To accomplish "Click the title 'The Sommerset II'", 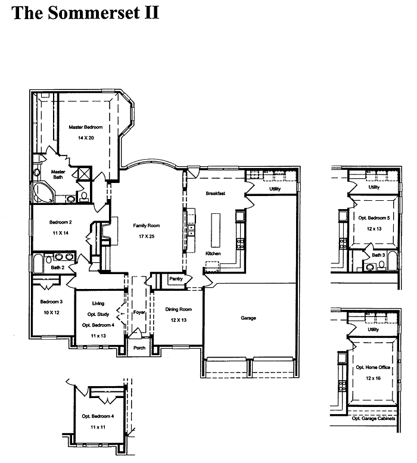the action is [85, 13].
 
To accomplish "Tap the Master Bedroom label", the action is [86, 128].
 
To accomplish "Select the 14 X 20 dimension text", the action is [86, 138].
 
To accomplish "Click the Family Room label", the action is [147, 226].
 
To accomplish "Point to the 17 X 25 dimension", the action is [147, 236].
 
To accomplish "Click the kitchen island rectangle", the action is [216, 231].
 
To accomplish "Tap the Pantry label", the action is [176, 278].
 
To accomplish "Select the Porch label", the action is [139, 348].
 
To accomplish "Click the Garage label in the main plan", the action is [248, 318].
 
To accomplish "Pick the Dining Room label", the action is [179, 309].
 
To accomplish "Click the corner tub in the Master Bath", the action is [43, 192].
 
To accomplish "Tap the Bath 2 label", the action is [58, 268].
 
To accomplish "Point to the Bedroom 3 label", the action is [51, 302].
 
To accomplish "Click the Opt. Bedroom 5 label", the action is [374, 218].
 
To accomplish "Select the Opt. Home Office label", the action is [373, 367].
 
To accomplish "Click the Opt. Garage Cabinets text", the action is [374, 418].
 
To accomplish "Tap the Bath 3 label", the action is [378, 255].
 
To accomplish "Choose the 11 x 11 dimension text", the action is [98, 427].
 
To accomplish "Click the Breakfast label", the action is [216, 194].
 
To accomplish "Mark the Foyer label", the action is [139, 312].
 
